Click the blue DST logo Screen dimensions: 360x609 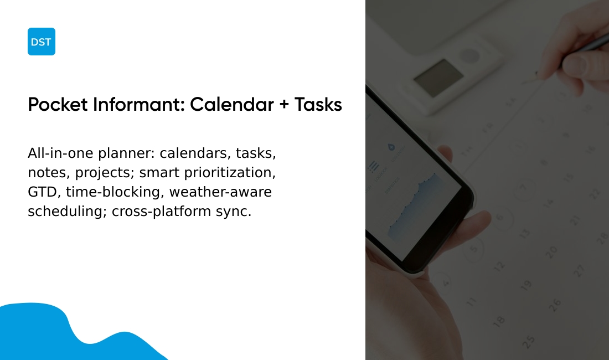click(x=42, y=42)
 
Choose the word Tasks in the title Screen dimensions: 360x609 click(x=318, y=105)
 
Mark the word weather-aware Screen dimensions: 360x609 click(x=220, y=192)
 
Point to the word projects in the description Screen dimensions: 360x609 click(x=105, y=173)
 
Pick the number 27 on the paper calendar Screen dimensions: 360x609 click(x=579, y=271)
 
